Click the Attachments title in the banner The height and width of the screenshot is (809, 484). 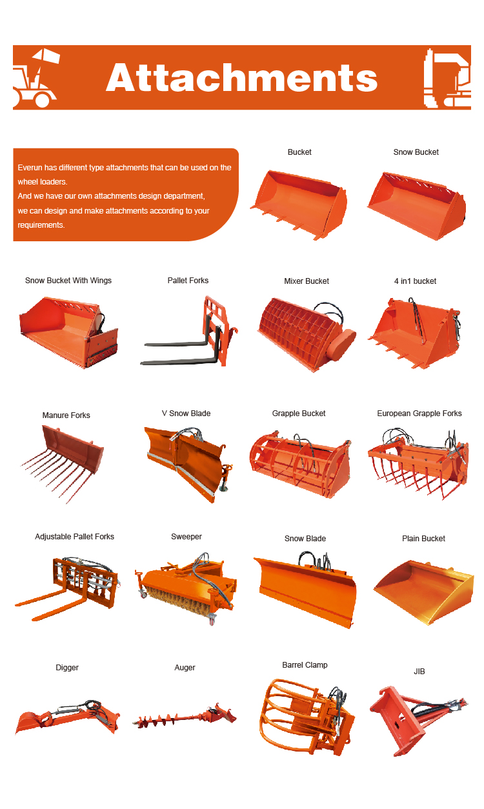tap(241, 77)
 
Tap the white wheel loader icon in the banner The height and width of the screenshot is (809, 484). tap(35, 78)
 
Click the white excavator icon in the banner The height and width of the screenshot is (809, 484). tap(447, 78)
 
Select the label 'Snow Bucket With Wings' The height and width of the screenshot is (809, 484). tap(68, 281)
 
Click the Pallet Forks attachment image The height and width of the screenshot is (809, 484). tap(189, 332)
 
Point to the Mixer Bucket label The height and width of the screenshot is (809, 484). tap(307, 281)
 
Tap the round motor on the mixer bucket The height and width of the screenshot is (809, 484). tap(341, 345)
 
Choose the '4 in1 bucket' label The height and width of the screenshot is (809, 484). tap(416, 281)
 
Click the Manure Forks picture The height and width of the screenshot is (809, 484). tap(63, 464)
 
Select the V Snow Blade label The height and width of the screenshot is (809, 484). tap(186, 414)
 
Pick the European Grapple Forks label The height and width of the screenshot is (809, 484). tap(419, 414)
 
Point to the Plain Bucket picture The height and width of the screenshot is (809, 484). tap(424, 592)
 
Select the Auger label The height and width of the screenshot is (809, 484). tap(185, 668)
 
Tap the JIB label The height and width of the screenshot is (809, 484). tap(419, 672)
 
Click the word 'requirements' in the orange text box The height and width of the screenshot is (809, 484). tap(41, 225)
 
